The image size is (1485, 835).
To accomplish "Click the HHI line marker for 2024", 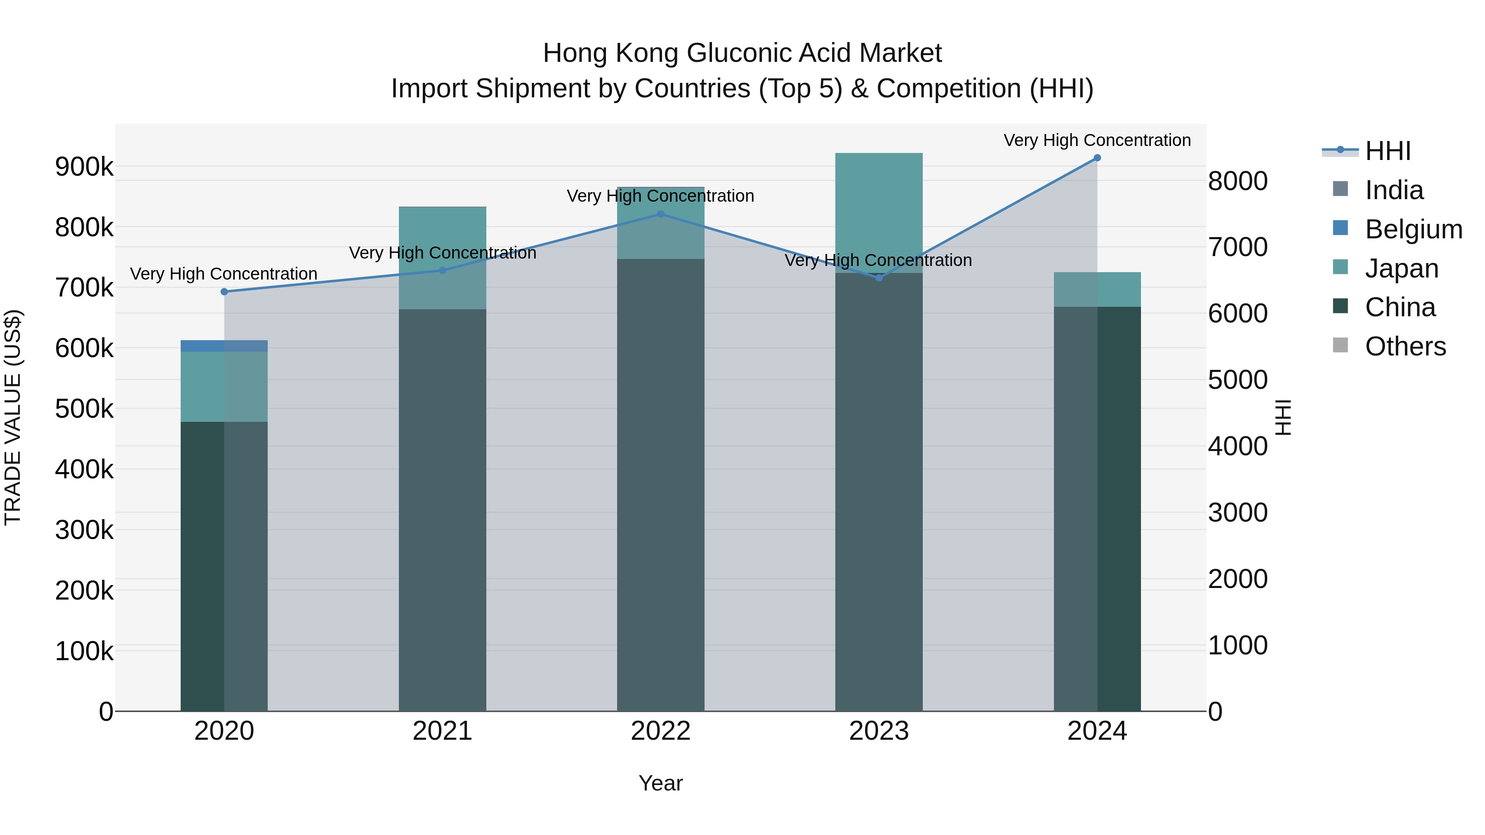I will pyautogui.click(x=1097, y=158).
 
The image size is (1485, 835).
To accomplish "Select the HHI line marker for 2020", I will pyautogui.click(x=224, y=292).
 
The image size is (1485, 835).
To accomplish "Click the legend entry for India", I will pyautogui.click(x=1393, y=190).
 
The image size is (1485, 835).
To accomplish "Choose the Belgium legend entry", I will pyautogui.click(x=1413, y=229).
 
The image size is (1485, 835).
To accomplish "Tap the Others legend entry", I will pyautogui.click(x=1405, y=347).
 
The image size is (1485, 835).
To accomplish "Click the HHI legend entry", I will pyautogui.click(x=1388, y=151).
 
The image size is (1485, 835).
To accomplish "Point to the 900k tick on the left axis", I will pyautogui.click(x=84, y=167).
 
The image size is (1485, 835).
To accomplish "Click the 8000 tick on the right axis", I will pyautogui.click(x=1237, y=181).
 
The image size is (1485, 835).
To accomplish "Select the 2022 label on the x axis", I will pyautogui.click(x=661, y=731).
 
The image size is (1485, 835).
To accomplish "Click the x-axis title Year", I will pyautogui.click(x=661, y=783).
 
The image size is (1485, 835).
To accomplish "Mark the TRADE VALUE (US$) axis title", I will pyautogui.click(x=13, y=417).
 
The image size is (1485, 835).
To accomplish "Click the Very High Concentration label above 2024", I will pyautogui.click(x=1097, y=140).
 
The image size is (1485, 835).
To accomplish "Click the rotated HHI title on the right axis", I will pyautogui.click(x=1283, y=417).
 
